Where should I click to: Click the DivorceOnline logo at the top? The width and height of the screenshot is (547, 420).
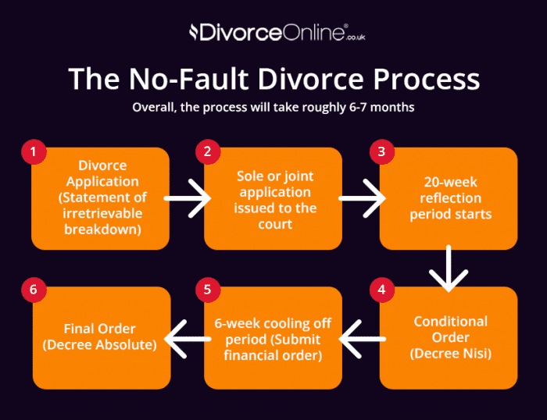pos(273,33)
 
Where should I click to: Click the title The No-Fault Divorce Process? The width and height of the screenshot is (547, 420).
pos(273,79)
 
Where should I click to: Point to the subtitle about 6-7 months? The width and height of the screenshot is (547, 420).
pos(273,107)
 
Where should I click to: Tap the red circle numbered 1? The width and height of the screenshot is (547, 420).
pos(33,151)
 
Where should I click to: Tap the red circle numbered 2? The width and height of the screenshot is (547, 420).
pos(207,151)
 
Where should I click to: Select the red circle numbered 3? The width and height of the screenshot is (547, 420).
pos(382,151)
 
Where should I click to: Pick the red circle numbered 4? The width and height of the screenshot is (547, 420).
pos(382,290)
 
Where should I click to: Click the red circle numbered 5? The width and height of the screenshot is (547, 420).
pos(207,290)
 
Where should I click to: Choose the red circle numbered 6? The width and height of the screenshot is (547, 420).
pos(33,290)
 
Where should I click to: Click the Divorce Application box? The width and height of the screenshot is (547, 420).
pos(101,198)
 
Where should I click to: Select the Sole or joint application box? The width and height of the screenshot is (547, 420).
pos(275,198)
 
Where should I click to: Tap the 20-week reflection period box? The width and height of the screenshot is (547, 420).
pos(449,198)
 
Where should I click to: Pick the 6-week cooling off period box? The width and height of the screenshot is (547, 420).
pos(275,337)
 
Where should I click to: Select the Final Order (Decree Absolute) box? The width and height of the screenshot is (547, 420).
pos(101,337)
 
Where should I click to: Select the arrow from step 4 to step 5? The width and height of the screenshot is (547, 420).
pos(361,337)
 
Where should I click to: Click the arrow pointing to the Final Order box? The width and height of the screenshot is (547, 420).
pos(187,337)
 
